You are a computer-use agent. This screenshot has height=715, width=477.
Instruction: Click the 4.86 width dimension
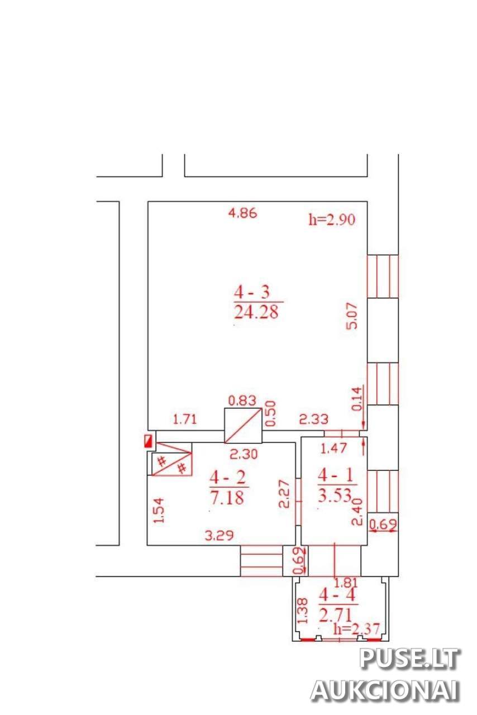click(x=242, y=213)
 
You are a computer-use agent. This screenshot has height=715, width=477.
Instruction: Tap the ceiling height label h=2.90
click(x=332, y=220)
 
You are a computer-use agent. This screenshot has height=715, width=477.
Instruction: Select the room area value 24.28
click(x=256, y=312)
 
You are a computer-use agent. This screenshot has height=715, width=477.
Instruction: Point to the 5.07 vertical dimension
click(x=352, y=316)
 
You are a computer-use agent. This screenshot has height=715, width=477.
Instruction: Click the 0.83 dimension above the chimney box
click(x=242, y=401)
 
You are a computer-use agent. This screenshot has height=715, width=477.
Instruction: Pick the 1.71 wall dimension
click(x=185, y=419)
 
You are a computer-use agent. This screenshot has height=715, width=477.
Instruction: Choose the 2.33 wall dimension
click(x=313, y=419)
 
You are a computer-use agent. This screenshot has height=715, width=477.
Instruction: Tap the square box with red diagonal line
click(x=243, y=425)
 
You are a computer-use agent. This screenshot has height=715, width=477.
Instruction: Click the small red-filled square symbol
click(x=148, y=441)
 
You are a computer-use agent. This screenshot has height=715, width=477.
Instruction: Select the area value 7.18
click(x=227, y=497)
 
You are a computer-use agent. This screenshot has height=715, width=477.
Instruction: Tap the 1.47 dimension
click(x=333, y=449)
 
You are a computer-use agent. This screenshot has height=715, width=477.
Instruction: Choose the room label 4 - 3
click(x=252, y=292)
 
